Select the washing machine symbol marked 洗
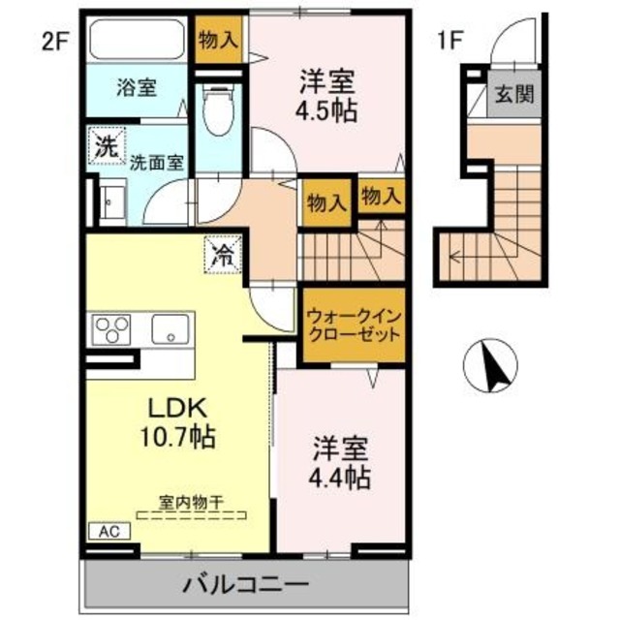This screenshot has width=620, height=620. pyautogui.click(x=104, y=147)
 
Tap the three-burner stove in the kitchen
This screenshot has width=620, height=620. pyautogui.click(x=111, y=329)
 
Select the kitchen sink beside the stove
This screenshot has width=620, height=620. pyautogui.click(x=170, y=329)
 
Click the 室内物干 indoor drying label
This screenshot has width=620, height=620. pyautogui.click(x=192, y=502)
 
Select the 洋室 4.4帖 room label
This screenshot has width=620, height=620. pyautogui.click(x=340, y=463)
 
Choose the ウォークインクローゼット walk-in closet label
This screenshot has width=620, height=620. pyautogui.click(x=352, y=324)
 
